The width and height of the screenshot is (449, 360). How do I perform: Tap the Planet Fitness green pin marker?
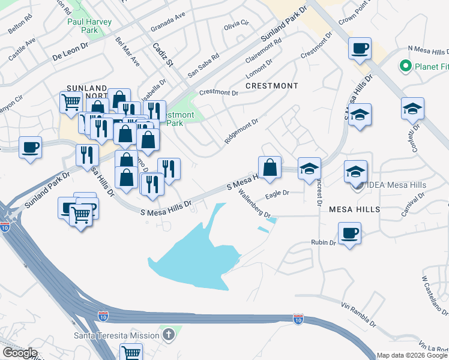click(405, 66)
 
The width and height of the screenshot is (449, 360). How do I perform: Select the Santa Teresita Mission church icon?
click(169, 334)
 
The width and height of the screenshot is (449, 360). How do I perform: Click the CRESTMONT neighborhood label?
click(271, 86)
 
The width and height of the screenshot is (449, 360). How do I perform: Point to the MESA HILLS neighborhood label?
click(354, 209)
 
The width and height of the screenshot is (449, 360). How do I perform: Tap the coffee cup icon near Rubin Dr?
click(349, 233)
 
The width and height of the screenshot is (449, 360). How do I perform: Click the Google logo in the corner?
click(20, 353)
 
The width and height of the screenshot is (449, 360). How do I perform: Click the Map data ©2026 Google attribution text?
click(412, 355)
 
